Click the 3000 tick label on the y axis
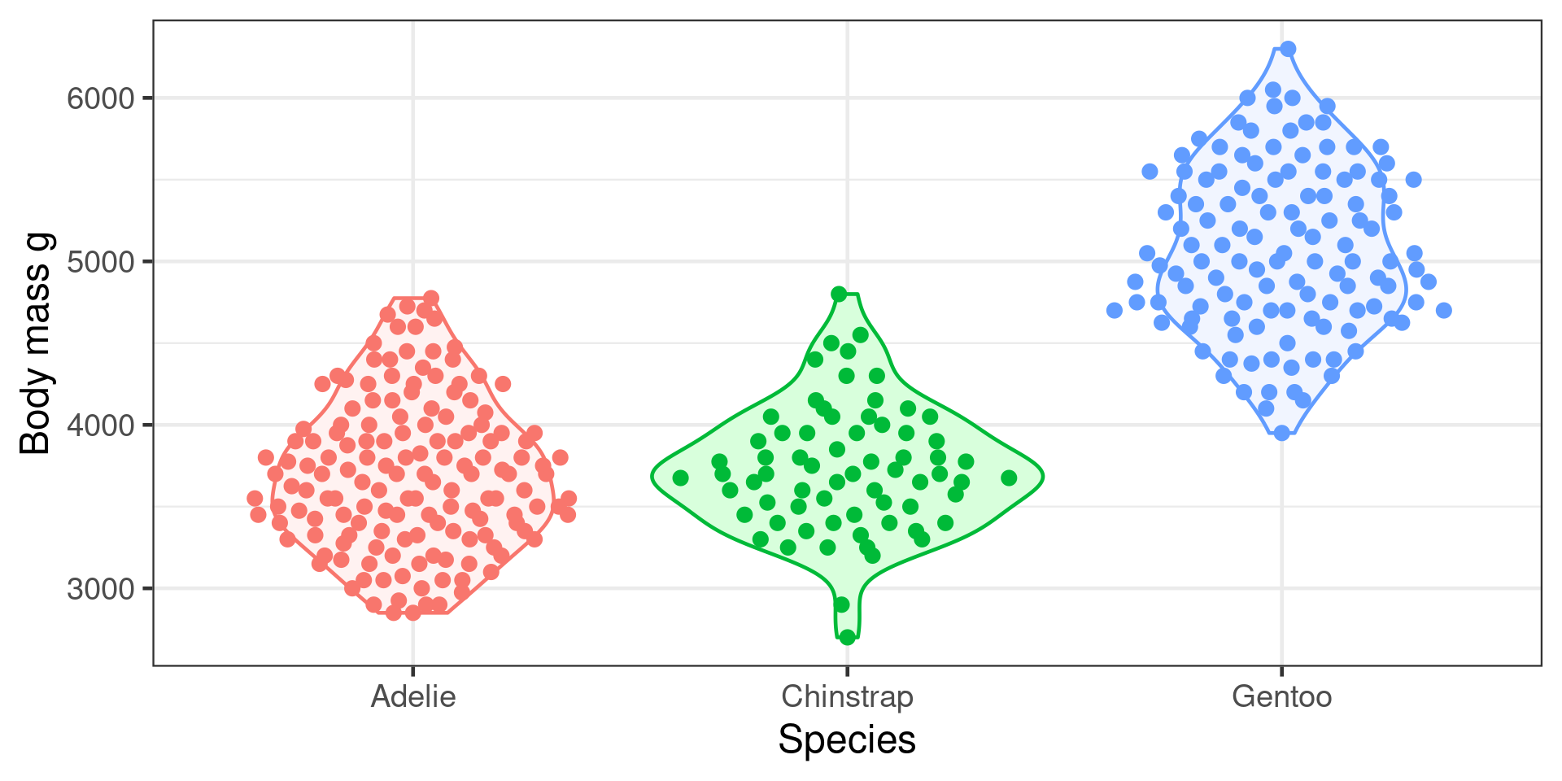(x=100, y=589)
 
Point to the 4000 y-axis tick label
(x=100, y=425)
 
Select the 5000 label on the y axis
(x=100, y=262)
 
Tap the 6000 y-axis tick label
(x=100, y=98)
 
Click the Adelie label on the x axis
(x=413, y=697)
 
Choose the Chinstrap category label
(x=847, y=697)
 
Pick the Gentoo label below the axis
(x=1281, y=697)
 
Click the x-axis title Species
(x=847, y=740)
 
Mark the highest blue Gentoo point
(x=1288, y=49)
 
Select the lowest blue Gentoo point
(x=1281, y=433)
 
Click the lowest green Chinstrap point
(x=847, y=637)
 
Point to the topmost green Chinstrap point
(x=839, y=294)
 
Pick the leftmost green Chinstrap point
(x=681, y=478)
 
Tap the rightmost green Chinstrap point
(x=1009, y=478)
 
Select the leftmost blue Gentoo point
(x=1115, y=310)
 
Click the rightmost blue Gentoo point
(x=1444, y=310)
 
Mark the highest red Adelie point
(x=431, y=299)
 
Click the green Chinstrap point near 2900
(x=842, y=604)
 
